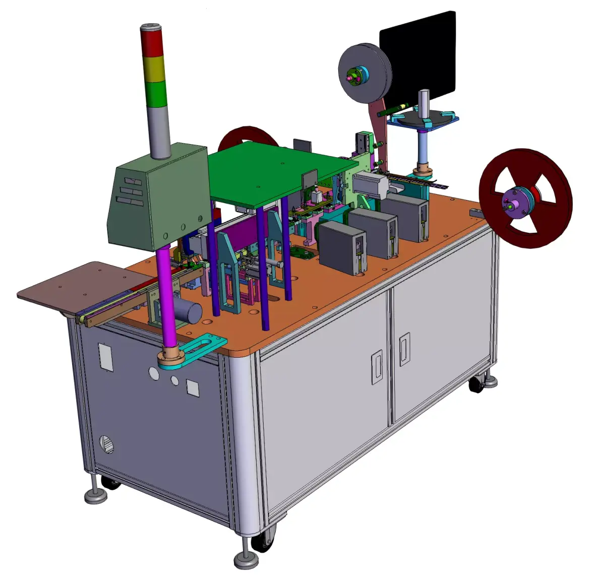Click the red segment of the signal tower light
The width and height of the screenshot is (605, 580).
tap(152, 43)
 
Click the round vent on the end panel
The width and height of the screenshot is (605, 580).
tap(107, 443)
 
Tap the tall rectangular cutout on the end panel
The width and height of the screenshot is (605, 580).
tap(105, 357)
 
